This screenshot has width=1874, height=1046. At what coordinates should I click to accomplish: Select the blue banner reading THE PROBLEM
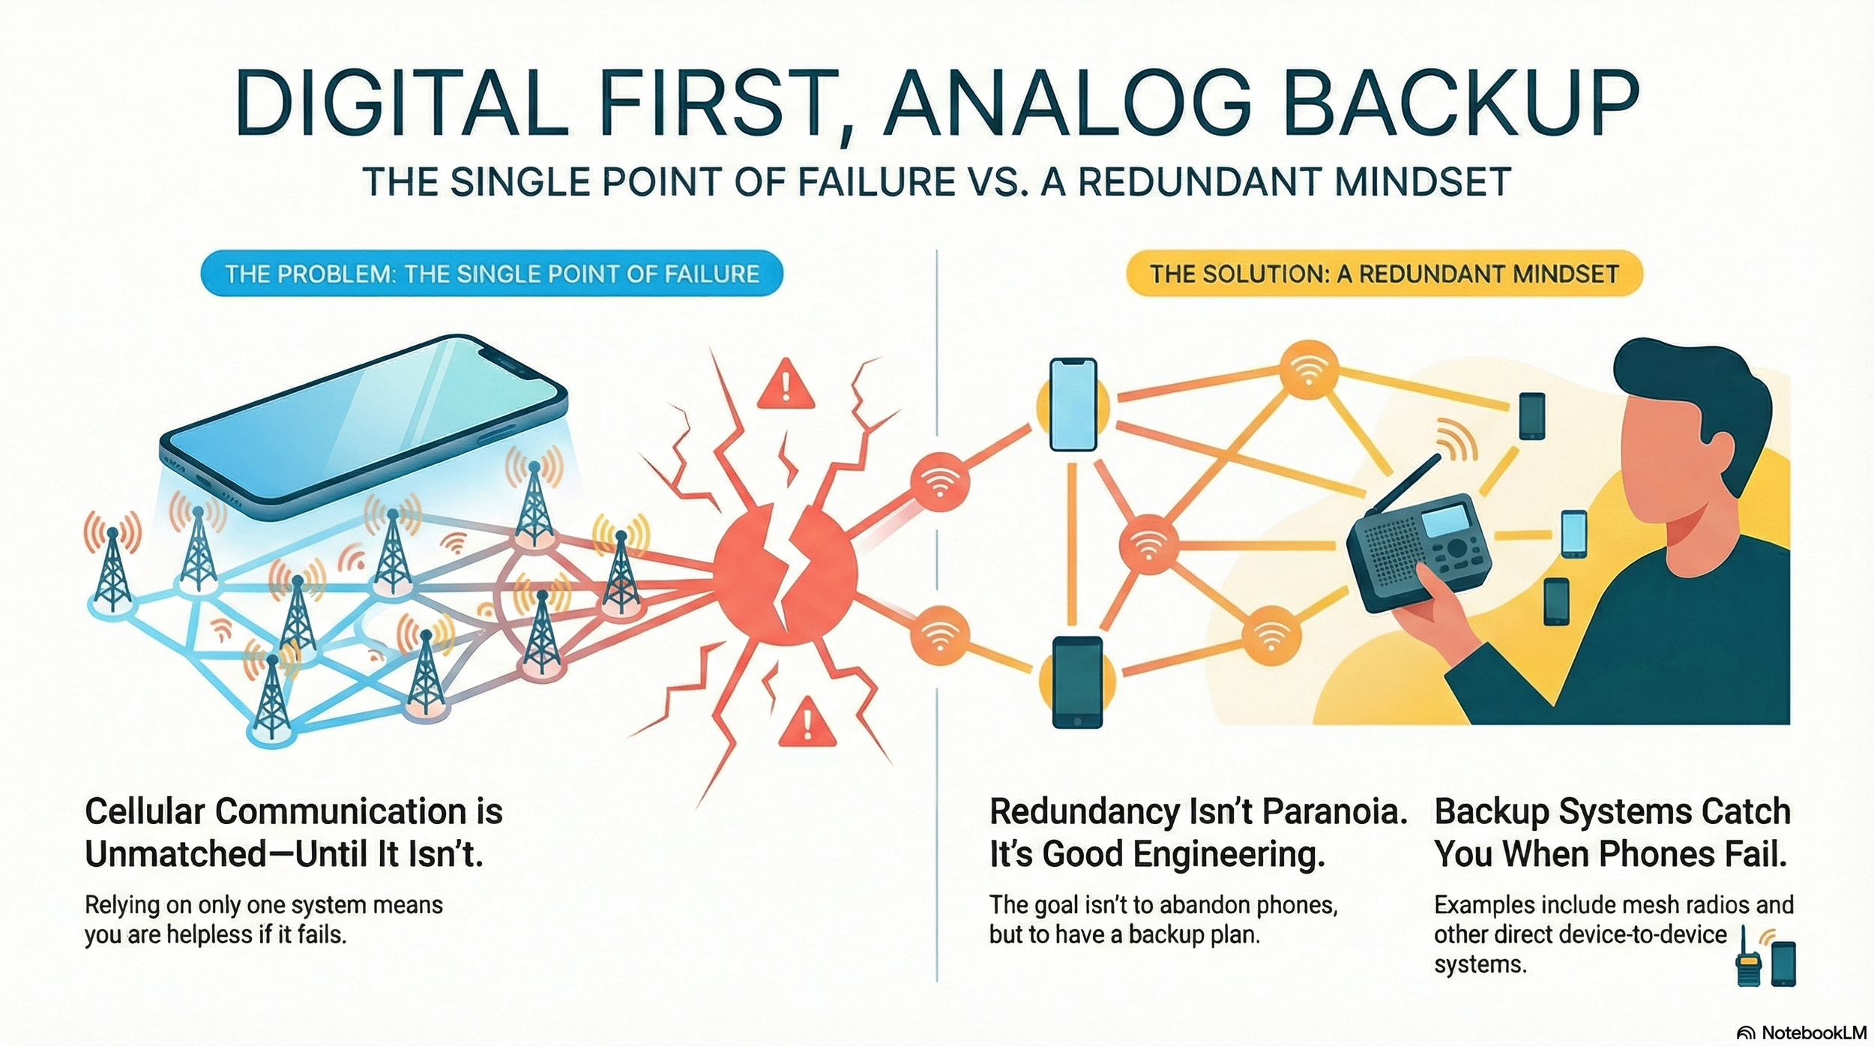tap(492, 274)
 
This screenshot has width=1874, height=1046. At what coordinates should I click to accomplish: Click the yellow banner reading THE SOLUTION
tap(1384, 274)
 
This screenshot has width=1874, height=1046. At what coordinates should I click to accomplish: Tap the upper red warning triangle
tap(785, 385)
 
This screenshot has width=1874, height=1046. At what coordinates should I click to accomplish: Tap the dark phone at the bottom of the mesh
tap(1077, 682)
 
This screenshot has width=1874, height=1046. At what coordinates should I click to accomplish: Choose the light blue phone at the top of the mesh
tap(1073, 405)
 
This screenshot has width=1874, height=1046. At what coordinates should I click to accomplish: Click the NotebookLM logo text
tap(1813, 1033)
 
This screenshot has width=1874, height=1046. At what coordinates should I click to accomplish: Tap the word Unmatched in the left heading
tap(176, 854)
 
